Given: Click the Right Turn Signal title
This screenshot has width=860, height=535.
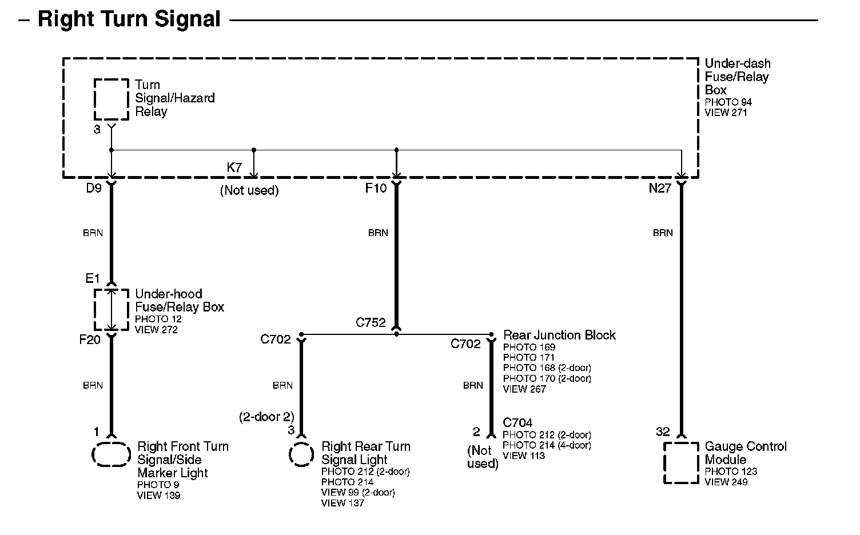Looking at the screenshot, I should coord(129,19).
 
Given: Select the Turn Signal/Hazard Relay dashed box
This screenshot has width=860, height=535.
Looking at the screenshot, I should coord(111,99).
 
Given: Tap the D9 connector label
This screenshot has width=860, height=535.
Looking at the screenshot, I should coord(94,188).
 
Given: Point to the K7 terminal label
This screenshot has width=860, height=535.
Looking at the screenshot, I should coord(234,168).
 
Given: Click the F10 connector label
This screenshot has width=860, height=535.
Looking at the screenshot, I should coord(376,188).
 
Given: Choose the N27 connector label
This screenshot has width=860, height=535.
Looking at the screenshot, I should coord(660,188).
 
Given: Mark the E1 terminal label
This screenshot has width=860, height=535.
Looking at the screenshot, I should coord(93,278).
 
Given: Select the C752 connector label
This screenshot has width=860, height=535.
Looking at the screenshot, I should coord(371,322).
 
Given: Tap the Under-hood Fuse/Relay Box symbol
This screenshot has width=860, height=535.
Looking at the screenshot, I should coord(111,310).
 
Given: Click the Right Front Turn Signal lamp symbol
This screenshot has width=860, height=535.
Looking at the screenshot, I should coord(111,454).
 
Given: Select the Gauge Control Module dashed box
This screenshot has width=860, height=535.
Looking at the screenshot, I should coord(681,462).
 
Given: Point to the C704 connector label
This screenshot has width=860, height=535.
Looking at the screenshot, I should coord(517,423).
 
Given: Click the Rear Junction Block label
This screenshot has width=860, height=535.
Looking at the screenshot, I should coord(559,335).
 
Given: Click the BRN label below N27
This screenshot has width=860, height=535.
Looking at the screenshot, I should coord(663,233).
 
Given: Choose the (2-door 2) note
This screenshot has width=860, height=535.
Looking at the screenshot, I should coord(266,417).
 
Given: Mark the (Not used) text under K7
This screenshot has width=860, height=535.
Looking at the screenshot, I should coord(249,191).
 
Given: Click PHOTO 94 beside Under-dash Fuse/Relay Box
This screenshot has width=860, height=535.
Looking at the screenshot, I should coord(728,102).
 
